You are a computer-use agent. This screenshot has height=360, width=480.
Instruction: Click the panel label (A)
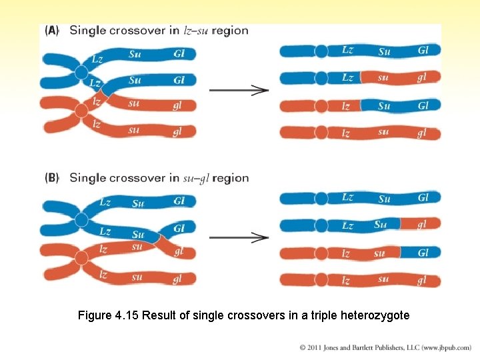[52, 31]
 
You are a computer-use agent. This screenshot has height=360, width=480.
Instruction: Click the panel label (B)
[52, 178]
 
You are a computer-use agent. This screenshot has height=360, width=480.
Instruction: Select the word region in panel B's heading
[231, 178]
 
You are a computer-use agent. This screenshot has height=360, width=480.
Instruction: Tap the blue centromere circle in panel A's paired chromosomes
[81, 72]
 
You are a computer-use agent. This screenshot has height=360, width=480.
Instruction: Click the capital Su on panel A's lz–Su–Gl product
[384, 106]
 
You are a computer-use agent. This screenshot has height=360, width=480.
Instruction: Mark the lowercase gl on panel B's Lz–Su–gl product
[422, 225]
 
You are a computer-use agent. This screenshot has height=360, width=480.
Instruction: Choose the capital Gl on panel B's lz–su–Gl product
[423, 253]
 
